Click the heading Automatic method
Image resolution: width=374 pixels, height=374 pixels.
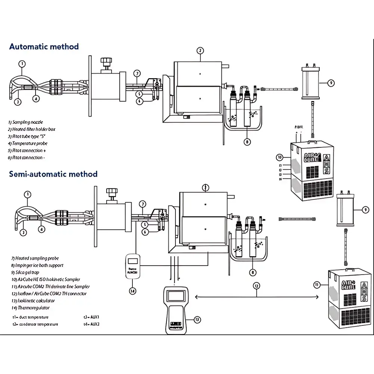click(x=44, y=47)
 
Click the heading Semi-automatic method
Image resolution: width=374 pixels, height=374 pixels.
click(x=53, y=174)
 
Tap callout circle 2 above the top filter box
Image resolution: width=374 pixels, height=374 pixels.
click(x=200, y=50)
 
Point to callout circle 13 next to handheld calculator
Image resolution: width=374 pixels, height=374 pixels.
click(x=197, y=319)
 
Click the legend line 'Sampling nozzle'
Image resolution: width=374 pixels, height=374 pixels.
click(x=25, y=122)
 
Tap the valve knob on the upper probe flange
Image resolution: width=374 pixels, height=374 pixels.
click(x=107, y=61)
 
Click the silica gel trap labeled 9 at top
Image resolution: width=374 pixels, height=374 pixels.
click(x=310, y=82)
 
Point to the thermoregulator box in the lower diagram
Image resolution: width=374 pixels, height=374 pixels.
click(x=133, y=266)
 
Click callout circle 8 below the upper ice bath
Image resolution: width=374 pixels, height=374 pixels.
click(x=247, y=142)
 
